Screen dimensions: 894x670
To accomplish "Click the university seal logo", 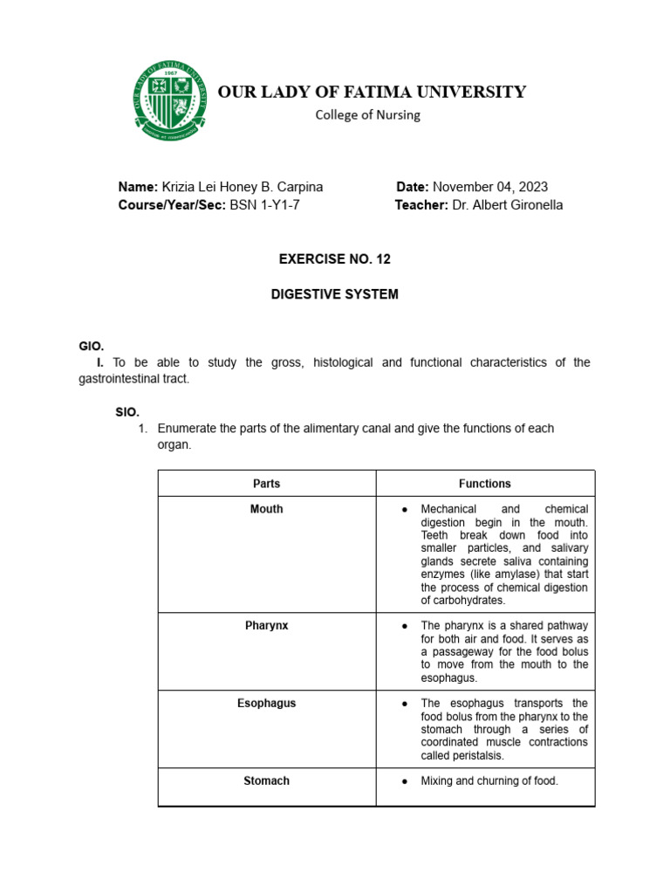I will click(x=171, y=99).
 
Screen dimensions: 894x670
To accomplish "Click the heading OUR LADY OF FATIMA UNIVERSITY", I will click(x=372, y=92).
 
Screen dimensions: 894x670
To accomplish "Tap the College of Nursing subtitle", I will click(x=367, y=114).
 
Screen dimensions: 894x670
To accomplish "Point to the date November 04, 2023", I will click(x=490, y=187).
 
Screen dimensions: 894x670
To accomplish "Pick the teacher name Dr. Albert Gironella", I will click(x=508, y=205).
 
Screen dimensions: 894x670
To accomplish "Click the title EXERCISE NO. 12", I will click(x=335, y=259).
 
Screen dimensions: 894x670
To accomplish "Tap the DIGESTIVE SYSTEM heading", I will click(x=335, y=294).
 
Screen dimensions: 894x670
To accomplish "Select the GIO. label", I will click(x=92, y=347).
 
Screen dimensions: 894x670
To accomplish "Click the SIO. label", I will click(x=127, y=411).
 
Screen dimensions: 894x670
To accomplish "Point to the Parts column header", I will click(x=266, y=484).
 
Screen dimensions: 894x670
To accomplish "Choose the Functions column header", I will click(x=485, y=484).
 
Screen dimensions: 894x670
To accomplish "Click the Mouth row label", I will click(x=266, y=509).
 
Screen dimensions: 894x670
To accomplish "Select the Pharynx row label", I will click(x=266, y=626).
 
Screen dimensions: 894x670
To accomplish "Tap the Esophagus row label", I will click(x=266, y=704).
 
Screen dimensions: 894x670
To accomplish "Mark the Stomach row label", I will click(x=266, y=781).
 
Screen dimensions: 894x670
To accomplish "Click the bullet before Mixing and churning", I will click(x=405, y=781).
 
